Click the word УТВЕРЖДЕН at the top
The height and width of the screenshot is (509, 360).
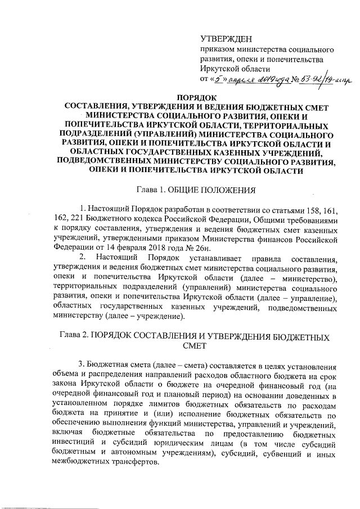tap(227, 38)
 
